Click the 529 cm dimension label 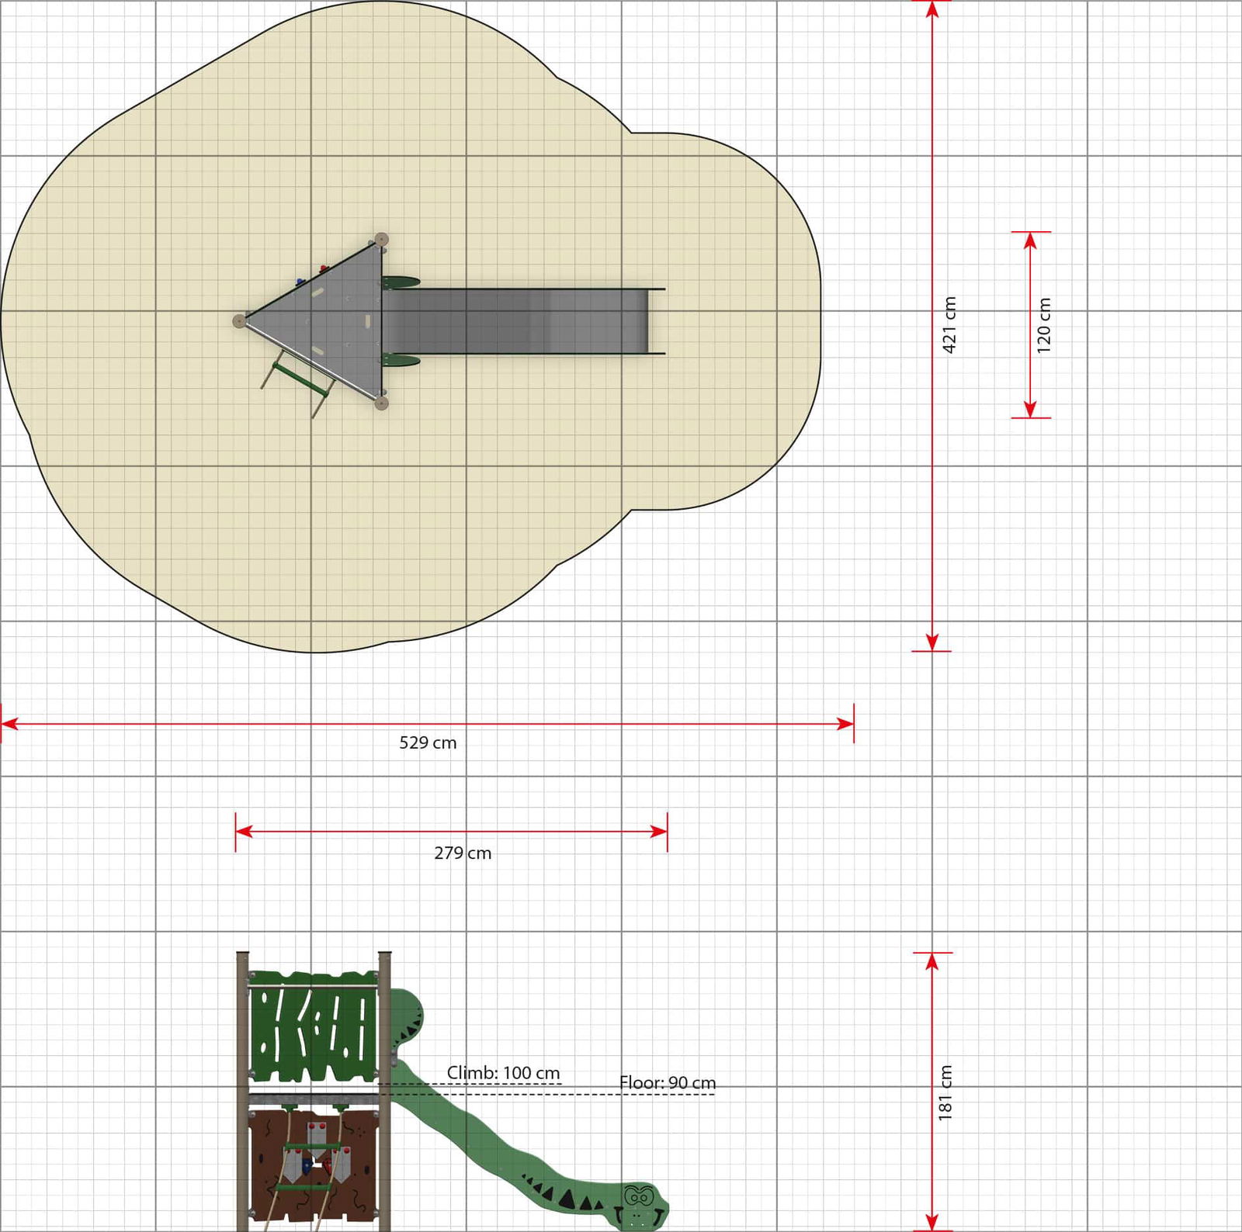click(x=428, y=742)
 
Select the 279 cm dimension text click(x=463, y=853)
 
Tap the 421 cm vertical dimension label click(x=949, y=325)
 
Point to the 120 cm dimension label click(x=1043, y=325)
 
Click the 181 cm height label click(x=945, y=1092)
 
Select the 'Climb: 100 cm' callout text click(x=503, y=1072)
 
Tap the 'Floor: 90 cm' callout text click(x=668, y=1082)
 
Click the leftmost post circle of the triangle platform click(x=240, y=320)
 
